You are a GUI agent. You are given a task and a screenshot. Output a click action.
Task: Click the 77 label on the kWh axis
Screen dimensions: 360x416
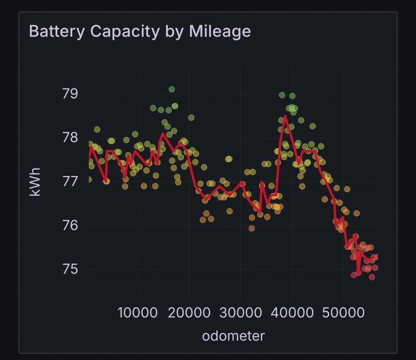click(x=70, y=182)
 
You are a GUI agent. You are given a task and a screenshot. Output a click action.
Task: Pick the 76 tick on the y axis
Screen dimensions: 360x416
click(x=70, y=226)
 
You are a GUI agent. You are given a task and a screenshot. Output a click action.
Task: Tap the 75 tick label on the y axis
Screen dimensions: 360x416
click(x=70, y=269)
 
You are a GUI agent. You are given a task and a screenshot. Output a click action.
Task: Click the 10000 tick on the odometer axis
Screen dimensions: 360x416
click(x=137, y=313)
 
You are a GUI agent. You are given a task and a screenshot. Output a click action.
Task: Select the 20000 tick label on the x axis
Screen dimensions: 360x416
click(x=189, y=313)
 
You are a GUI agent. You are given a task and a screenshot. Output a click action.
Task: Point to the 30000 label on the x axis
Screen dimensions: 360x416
click(x=240, y=313)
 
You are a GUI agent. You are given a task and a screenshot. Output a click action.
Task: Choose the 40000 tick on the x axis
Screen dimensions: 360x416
click(x=292, y=313)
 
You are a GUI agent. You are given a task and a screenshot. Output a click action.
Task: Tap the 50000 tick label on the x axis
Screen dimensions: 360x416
click(x=344, y=313)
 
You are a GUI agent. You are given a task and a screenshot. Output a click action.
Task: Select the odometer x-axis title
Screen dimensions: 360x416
click(x=233, y=336)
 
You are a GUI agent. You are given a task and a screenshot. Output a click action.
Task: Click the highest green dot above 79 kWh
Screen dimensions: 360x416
click(x=171, y=89)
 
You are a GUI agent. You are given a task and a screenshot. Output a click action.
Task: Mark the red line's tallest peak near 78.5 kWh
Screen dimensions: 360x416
click(x=285, y=116)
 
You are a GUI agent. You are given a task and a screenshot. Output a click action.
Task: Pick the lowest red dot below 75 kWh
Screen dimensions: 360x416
click(x=372, y=277)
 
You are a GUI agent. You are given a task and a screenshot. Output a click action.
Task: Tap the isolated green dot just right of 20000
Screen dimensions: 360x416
click(x=191, y=117)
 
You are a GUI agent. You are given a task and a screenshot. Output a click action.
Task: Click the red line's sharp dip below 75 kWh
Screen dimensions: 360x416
click(x=357, y=272)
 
